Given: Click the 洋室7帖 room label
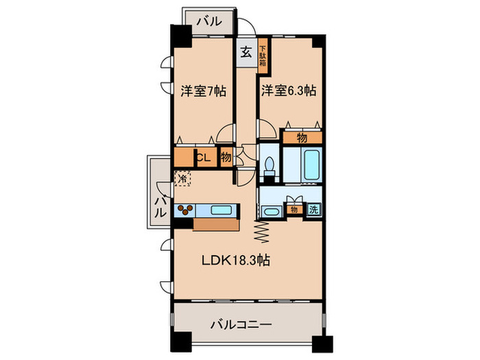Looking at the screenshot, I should tap(204, 91).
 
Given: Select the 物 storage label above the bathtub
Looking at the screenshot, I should tap(301, 137).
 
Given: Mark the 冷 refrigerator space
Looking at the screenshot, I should tap(182, 179).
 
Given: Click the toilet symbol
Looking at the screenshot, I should tap(269, 165).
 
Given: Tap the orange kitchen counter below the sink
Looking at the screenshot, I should tap(216, 225).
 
